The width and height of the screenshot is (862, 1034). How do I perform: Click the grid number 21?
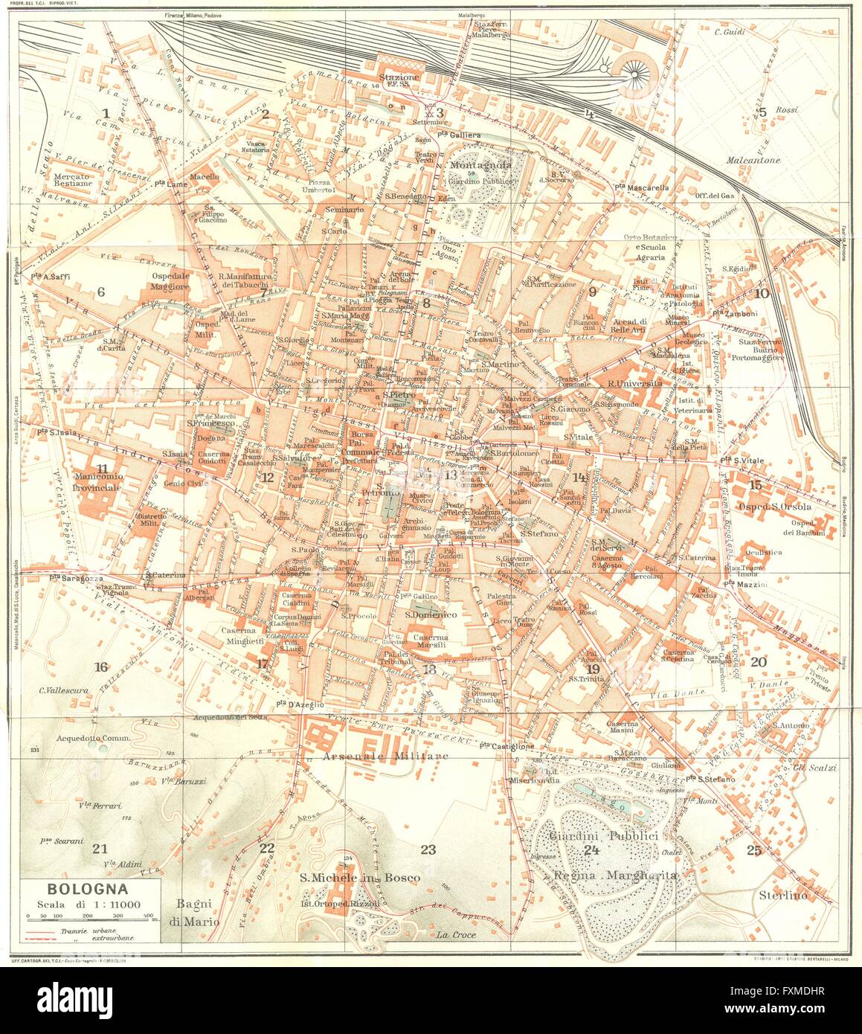[x=100, y=848]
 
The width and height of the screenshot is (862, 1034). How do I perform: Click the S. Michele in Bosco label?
[x=360, y=878]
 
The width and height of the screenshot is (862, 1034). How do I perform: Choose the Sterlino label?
[x=782, y=896]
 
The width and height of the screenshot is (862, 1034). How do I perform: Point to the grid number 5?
[x=762, y=112]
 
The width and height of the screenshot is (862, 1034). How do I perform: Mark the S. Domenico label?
[x=431, y=615]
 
